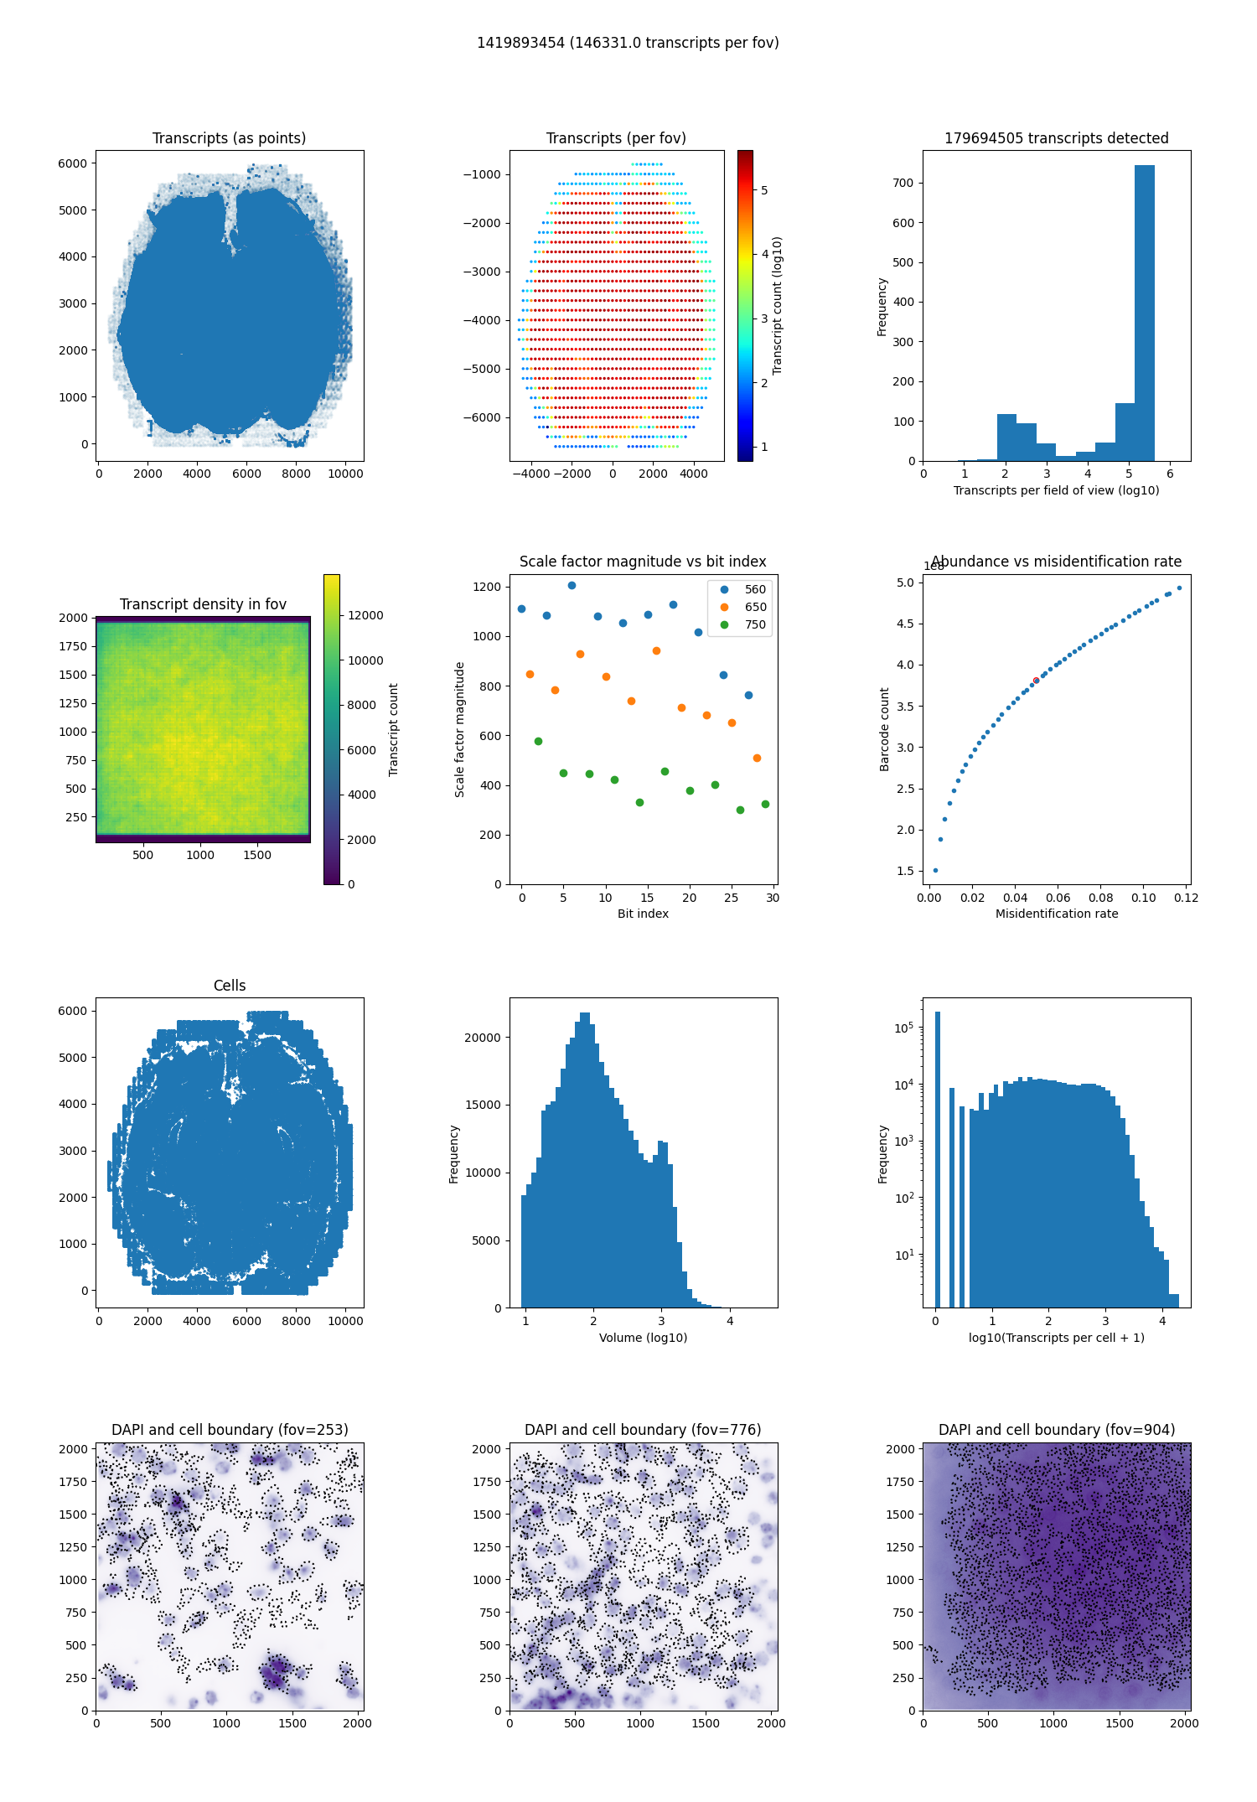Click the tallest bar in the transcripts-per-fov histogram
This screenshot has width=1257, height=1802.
tap(1144, 313)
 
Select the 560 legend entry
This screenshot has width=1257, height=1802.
tap(743, 589)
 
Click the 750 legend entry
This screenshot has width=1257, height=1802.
tap(743, 624)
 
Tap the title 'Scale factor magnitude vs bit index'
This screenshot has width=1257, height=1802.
tap(643, 562)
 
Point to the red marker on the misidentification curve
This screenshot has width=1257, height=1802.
tap(1037, 680)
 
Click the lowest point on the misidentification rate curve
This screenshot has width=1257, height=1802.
tap(935, 870)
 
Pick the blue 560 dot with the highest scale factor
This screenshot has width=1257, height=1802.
tap(572, 585)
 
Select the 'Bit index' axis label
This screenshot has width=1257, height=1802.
tap(643, 914)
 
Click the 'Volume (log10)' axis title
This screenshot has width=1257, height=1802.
tap(643, 1338)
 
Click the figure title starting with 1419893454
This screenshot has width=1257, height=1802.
tap(628, 43)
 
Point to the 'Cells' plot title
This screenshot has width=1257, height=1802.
tap(230, 986)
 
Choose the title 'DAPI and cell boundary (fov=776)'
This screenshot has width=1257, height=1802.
tap(643, 1430)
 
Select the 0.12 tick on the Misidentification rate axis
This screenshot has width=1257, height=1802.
tap(1186, 898)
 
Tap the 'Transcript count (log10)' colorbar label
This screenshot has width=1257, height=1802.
tap(777, 305)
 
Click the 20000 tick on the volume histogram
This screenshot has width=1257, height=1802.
tap(483, 1038)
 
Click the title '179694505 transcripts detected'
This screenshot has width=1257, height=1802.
tap(1056, 138)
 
